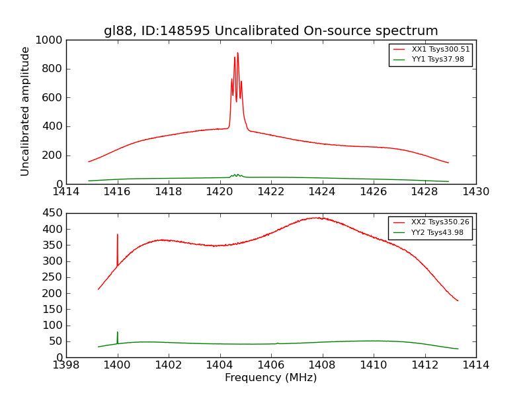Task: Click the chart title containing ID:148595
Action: [x=270, y=30]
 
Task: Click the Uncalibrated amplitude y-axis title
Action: [x=25, y=111]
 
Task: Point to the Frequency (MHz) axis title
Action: [x=270, y=378]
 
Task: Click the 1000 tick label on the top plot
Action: [x=50, y=40]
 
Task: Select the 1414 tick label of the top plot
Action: [x=66, y=191]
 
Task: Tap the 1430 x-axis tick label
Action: [x=475, y=191]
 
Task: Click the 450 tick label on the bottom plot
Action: [x=53, y=213]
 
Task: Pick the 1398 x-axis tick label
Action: [x=66, y=365]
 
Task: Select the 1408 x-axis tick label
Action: [x=322, y=365]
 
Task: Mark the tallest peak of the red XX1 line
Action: [x=237, y=53]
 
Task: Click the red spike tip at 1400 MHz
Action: [x=118, y=234]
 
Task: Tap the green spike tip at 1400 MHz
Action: [x=118, y=332]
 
